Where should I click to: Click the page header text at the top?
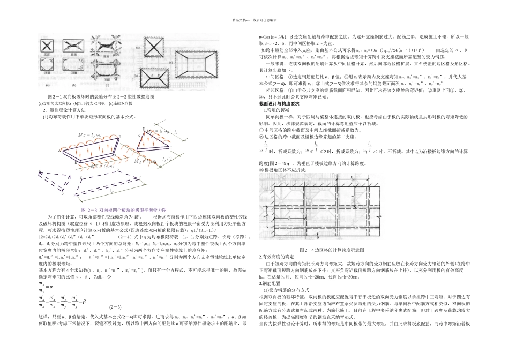pyautogui.click(x=254, y=19)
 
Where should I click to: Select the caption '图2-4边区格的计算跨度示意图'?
pyautogui.click(x=332, y=250)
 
